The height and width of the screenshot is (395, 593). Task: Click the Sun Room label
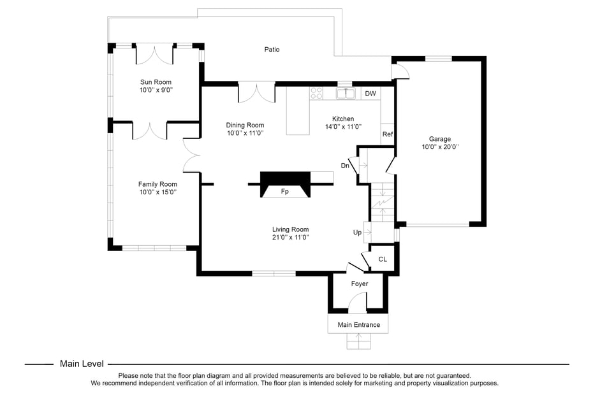(x=156, y=82)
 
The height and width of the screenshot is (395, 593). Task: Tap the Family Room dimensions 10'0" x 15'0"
(x=157, y=192)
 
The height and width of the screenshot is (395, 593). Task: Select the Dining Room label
(x=245, y=126)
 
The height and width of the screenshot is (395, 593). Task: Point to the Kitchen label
(x=342, y=119)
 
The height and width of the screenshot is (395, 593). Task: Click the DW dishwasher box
(x=370, y=94)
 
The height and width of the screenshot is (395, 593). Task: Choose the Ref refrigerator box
(x=388, y=134)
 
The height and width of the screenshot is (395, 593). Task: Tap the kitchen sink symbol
(x=345, y=94)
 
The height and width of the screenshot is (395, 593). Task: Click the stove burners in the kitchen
(x=316, y=94)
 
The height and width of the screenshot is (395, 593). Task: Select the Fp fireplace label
(x=285, y=191)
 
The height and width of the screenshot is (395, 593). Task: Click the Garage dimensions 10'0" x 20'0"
(x=440, y=147)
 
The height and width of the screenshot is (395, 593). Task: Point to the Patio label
(x=272, y=50)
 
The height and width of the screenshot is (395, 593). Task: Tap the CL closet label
(x=383, y=259)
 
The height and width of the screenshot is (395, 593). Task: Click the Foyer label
(x=360, y=284)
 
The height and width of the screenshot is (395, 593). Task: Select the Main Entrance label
(x=358, y=325)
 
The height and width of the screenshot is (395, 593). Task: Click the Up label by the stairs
(x=358, y=233)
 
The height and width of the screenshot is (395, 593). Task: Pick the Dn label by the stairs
(x=345, y=166)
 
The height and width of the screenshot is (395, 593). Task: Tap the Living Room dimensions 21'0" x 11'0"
(x=290, y=237)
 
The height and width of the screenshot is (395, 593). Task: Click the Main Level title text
(x=82, y=364)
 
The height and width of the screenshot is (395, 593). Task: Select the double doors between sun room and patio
(x=155, y=54)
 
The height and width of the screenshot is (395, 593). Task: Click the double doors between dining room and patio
(x=256, y=92)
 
